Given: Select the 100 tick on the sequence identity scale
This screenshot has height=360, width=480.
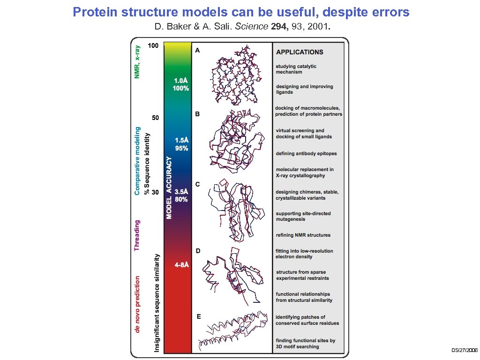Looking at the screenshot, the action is click(x=153, y=46).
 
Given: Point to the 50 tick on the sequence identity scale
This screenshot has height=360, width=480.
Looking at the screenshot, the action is click(x=154, y=118).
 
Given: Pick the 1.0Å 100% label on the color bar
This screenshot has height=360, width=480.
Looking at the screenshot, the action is click(x=180, y=84).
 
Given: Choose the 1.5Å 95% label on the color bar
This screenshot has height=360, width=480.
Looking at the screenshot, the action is click(x=181, y=144).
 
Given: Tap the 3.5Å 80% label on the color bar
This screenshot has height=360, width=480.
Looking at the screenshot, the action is click(x=181, y=195).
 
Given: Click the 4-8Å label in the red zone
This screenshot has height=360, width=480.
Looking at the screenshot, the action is click(x=182, y=265).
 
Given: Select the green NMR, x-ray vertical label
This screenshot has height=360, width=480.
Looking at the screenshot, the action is click(x=137, y=61).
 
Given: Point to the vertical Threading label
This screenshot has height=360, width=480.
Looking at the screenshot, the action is click(x=137, y=235).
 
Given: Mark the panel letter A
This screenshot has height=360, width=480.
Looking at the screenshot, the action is click(x=197, y=50).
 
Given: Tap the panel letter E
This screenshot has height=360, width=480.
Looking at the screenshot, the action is click(x=198, y=317).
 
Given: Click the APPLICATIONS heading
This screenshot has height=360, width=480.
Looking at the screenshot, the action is click(x=300, y=52).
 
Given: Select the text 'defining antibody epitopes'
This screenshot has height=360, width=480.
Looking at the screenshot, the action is click(x=306, y=154).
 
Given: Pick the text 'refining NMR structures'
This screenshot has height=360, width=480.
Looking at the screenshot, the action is click(x=303, y=235).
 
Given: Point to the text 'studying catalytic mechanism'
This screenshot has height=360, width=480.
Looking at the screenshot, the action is click(x=296, y=69).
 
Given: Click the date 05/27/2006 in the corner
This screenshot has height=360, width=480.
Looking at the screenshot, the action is click(x=465, y=351).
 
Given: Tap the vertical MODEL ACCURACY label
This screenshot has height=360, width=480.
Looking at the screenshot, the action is click(x=169, y=187).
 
